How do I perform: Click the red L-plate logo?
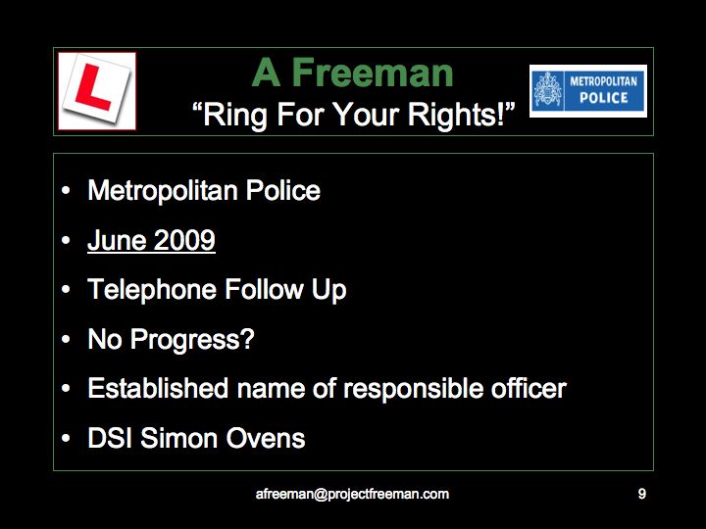coord(97,91)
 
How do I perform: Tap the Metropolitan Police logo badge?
coord(588,91)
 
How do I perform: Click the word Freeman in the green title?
coord(373,72)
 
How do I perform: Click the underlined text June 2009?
coord(151,240)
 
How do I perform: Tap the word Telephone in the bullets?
coord(152,289)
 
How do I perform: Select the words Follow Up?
coord(285,289)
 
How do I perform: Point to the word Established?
coord(158,388)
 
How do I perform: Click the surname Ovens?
coord(266,438)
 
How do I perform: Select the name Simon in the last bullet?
coord(179,438)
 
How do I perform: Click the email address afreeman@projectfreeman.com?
coord(352,494)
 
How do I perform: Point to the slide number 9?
coord(642,494)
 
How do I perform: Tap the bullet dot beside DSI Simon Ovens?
coord(66,438)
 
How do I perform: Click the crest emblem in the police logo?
coord(548,90)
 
